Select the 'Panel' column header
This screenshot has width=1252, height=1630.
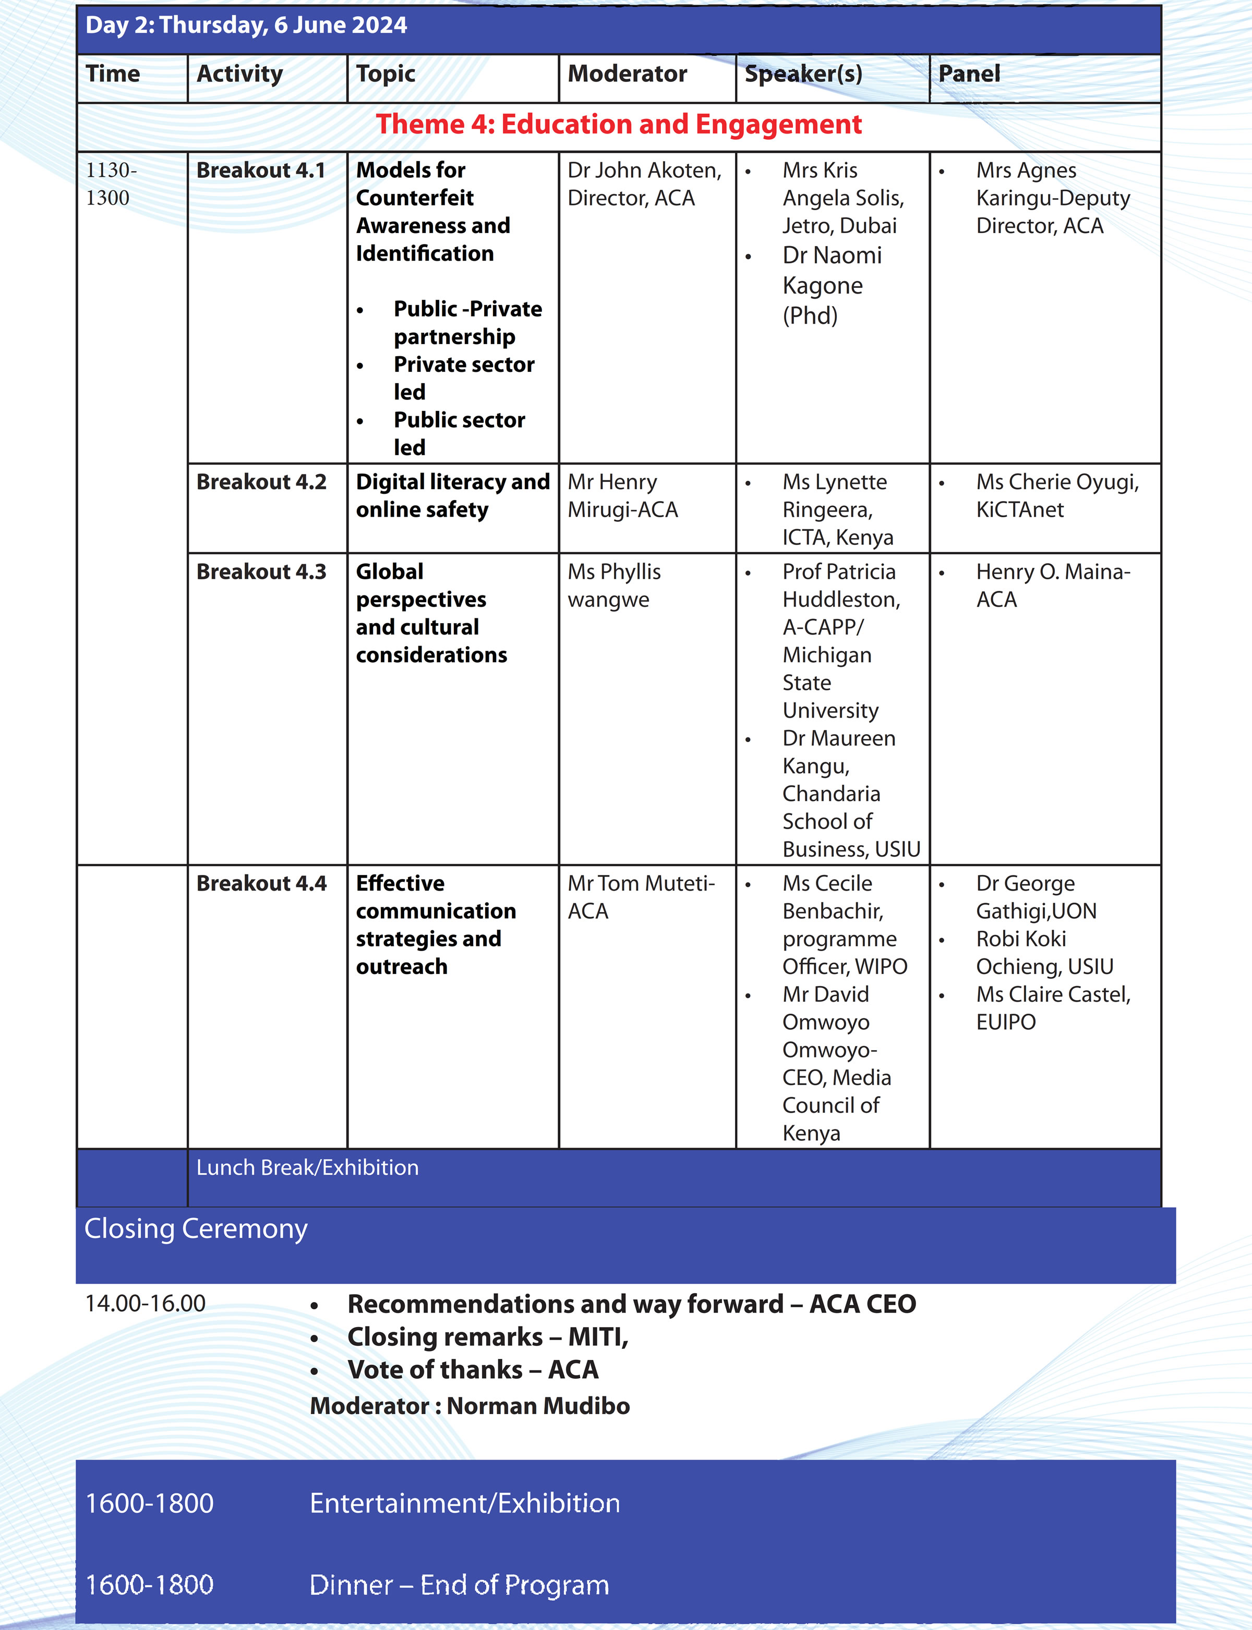tap(969, 74)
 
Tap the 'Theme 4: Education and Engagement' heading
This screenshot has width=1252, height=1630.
tap(619, 125)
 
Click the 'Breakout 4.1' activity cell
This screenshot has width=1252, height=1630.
tap(261, 171)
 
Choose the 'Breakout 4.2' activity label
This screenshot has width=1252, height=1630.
tap(261, 482)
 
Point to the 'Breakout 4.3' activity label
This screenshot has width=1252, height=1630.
tap(261, 571)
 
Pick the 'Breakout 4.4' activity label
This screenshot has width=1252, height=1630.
tap(261, 883)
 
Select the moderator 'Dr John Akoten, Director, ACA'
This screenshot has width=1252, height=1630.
tap(644, 184)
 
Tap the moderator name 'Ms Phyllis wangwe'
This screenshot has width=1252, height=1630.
tap(614, 586)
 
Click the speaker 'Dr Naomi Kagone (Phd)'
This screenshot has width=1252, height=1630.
tap(831, 285)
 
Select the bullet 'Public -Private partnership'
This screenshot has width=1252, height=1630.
tap(467, 323)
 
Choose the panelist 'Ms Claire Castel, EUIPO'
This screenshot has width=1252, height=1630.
tap(1052, 1008)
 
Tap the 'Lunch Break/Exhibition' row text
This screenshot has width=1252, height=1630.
tap(307, 1167)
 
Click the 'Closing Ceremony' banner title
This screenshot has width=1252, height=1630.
tap(195, 1228)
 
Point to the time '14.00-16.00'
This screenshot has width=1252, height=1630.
tap(146, 1304)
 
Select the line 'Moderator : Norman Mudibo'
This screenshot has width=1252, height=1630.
tap(469, 1406)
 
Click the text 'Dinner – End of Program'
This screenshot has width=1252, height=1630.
tap(459, 1585)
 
